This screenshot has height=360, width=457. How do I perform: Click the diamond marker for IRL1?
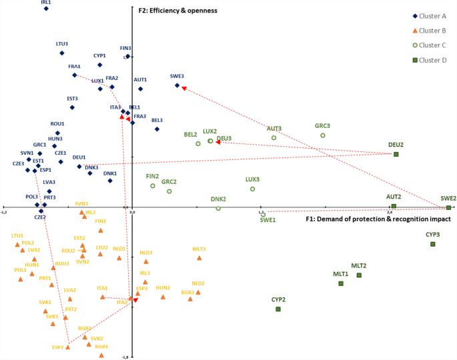coord(46,9)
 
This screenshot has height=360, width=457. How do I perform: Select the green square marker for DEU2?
coord(396,154)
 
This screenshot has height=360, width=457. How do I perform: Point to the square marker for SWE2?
coord(449,207)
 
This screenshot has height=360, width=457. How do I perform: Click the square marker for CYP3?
coord(432,244)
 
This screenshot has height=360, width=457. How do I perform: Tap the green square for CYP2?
coord(278,309)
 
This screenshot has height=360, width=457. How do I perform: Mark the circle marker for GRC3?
coord(322,135)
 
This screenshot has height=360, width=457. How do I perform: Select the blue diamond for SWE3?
coord(177,85)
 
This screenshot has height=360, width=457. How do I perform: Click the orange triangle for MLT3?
coord(199,258)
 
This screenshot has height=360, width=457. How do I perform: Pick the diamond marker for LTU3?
coord(62,53)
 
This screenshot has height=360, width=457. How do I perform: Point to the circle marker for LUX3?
coord(253,189)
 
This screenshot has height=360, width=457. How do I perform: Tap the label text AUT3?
coord(274,129)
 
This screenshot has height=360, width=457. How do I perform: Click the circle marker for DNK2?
coord(218,209)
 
